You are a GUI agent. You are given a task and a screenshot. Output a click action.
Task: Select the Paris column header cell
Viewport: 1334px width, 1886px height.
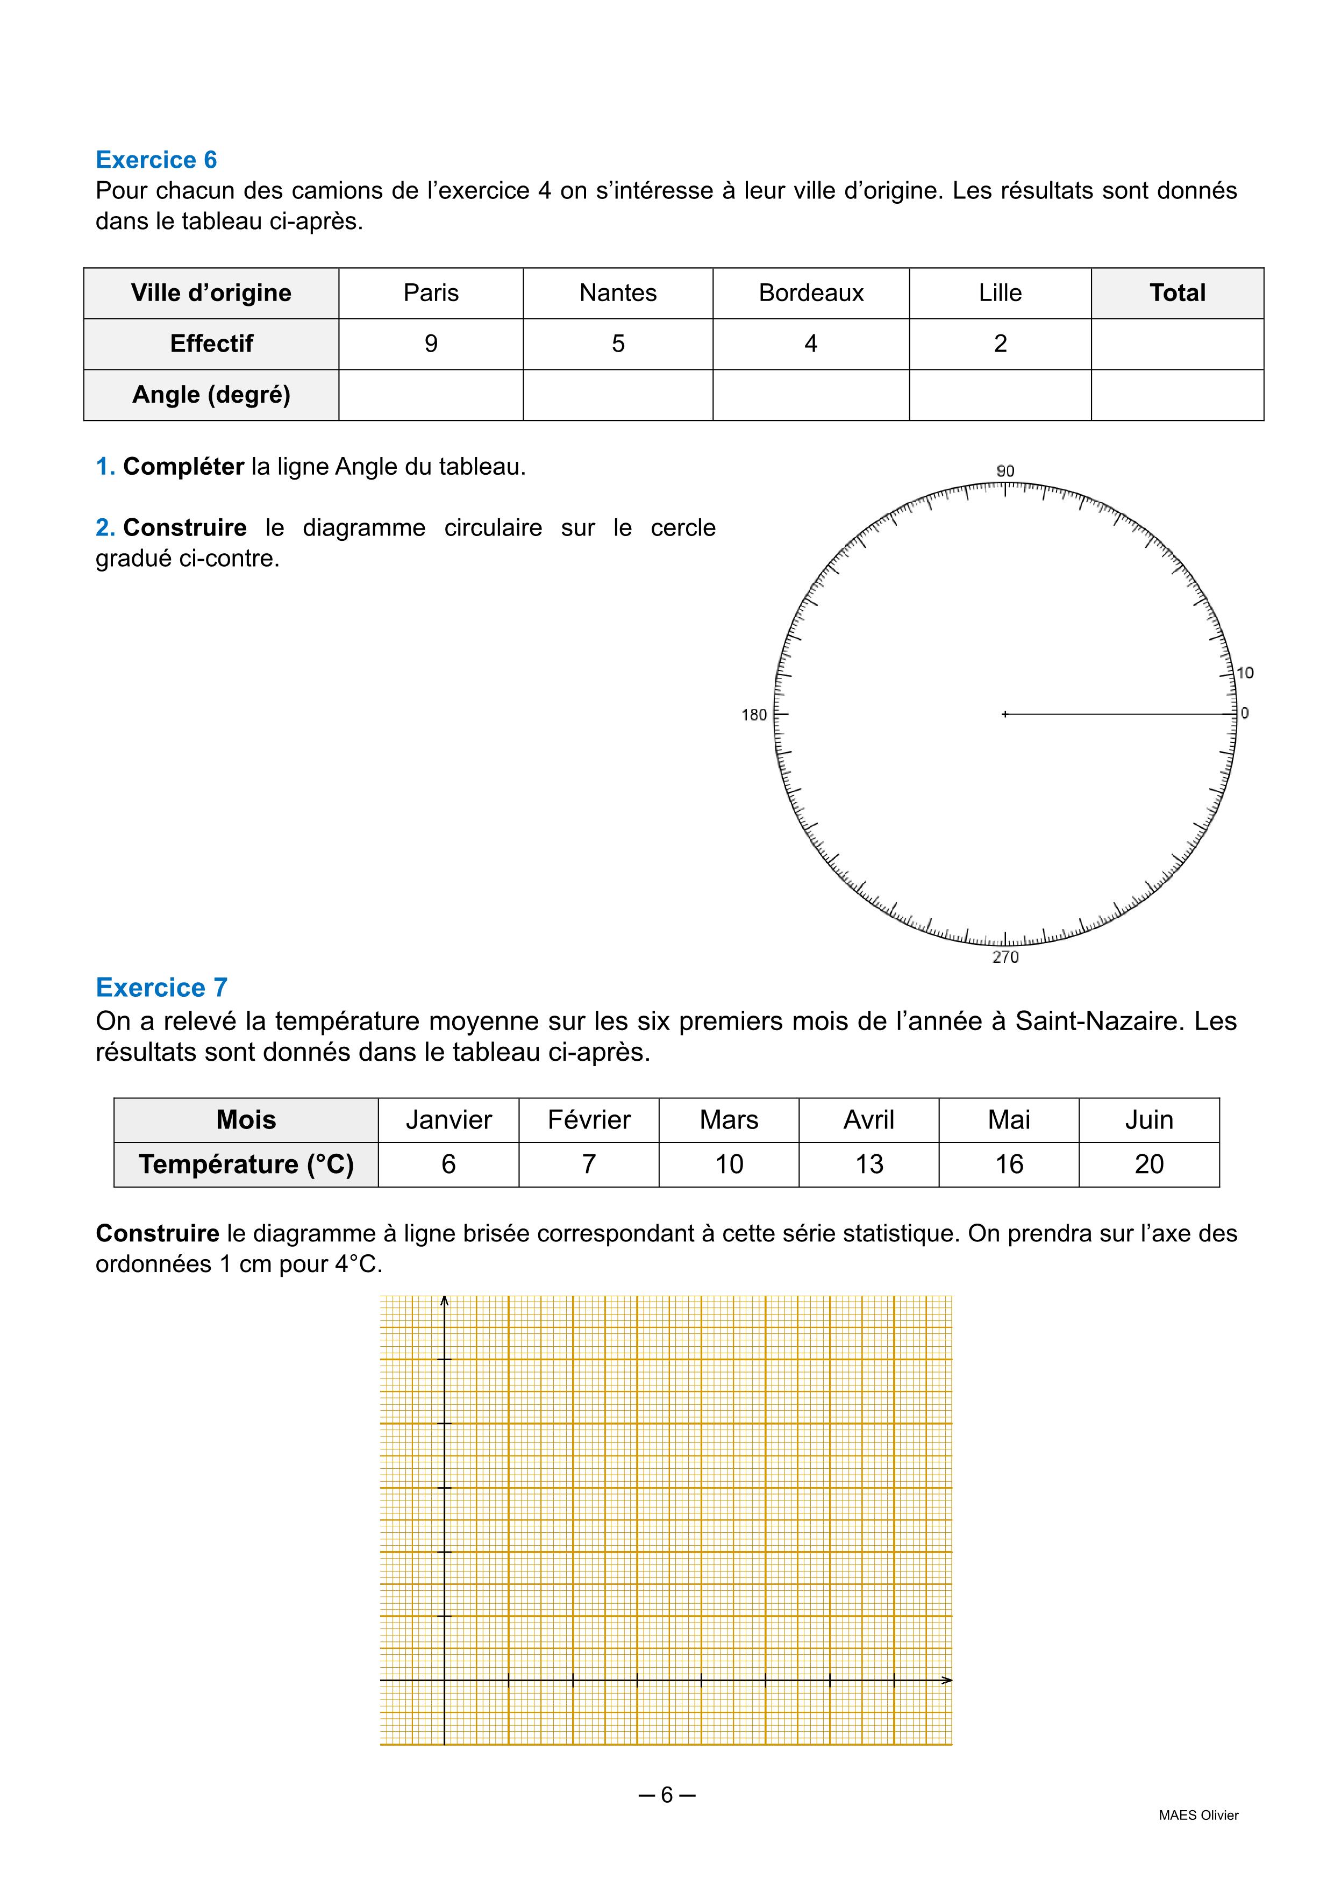(x=431, y=293)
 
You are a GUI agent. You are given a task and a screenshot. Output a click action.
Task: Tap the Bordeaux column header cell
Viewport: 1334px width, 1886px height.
(x=811, y=293)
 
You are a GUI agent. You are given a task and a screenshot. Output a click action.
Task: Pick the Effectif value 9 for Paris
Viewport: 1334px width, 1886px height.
(x=431, y=344)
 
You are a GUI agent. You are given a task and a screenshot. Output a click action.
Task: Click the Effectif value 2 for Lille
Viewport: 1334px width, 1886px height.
(x=1000, y=344)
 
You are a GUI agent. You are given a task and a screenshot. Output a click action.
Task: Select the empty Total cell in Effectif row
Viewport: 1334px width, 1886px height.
(x=1177, y=344)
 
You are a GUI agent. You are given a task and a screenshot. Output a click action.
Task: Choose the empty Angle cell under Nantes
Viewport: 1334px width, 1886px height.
(x=618, y=395)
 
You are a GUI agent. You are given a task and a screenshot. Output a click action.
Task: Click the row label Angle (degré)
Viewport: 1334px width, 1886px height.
(x=211, y=395)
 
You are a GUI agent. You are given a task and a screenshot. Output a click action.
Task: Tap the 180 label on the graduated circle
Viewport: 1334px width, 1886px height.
(x=754, y=715)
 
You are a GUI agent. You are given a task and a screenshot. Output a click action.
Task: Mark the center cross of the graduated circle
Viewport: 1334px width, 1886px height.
(x=1004, y=715)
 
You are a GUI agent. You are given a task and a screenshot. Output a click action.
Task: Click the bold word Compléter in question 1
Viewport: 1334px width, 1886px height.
(x=183, y=467)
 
